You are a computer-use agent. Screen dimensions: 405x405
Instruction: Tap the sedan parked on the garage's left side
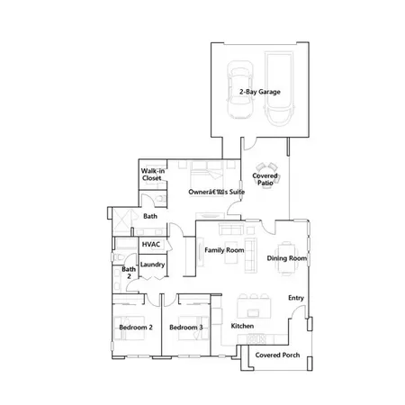pos(241,90)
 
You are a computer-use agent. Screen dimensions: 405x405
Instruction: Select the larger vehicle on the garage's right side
pos(279,90)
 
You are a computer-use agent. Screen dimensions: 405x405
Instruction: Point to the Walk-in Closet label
pos(152,175)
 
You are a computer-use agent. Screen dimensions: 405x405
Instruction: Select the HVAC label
pos(152,244)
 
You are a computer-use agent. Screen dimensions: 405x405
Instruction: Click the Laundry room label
pos(152,265)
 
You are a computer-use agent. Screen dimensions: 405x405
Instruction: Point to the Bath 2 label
pos(129,273)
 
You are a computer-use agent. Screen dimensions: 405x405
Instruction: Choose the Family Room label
pos(225,249)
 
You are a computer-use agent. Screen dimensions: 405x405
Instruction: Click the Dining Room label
pos(287,258)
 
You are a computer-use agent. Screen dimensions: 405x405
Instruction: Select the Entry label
pos(295,298)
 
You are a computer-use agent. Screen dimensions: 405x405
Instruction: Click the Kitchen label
pos(243,326)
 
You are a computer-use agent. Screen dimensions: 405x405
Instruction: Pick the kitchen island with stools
pos(256,298)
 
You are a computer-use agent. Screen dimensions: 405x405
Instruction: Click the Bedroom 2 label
pos(134,327)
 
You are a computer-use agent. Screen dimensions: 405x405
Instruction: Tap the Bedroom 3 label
pos(185,327)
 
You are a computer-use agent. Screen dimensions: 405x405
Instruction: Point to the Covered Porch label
pos(278,355)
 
